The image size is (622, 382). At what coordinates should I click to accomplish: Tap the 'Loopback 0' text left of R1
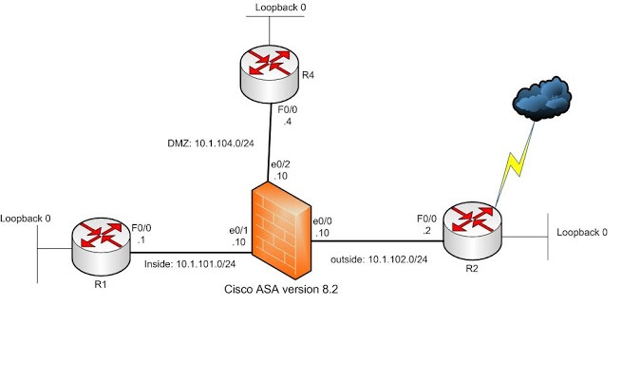26,219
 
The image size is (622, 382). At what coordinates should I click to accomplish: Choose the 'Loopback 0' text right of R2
581,231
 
